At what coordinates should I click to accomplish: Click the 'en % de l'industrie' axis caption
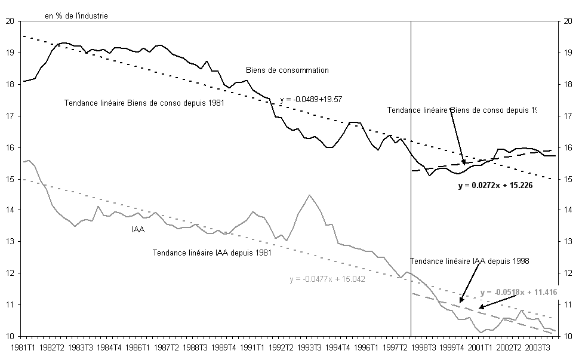pos(76,16)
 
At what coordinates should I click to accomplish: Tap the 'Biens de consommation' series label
pos(287,70)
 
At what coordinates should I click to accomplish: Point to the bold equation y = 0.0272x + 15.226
pos(495,186)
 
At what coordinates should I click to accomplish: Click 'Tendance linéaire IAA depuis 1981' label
pos(212,253)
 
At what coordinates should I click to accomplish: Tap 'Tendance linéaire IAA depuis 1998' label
pos(470,261)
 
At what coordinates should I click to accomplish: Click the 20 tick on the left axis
pos(9,21)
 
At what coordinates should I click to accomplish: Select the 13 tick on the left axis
pos(9,242)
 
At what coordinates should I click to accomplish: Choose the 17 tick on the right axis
pos(568,116)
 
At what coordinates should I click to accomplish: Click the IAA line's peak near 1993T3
pos(309,195)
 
